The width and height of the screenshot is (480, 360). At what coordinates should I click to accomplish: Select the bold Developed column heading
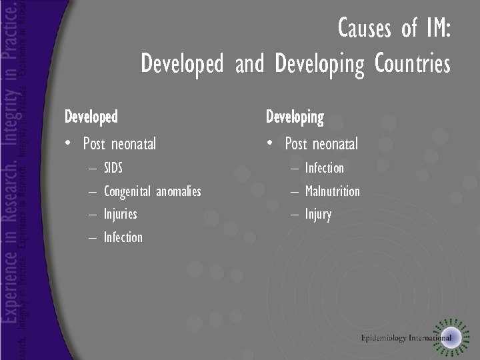click(91, 117)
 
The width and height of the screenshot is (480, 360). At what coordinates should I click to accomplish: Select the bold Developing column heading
click(295, 118)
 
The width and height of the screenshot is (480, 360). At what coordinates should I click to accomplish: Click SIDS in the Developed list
click(113, 167)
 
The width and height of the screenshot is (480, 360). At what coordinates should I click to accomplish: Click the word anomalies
click(179, 192)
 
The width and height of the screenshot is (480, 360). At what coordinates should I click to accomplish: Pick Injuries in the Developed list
click(120, 214)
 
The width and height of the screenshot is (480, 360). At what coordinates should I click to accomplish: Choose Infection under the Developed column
click(123, 237)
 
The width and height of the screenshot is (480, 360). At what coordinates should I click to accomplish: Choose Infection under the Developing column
click(324, 168)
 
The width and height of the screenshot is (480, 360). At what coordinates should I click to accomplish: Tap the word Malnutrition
click(332, 191)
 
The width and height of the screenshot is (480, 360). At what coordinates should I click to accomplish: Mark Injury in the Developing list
click(318, 215)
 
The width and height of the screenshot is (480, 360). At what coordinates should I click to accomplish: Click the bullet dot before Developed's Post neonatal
click(69, 143)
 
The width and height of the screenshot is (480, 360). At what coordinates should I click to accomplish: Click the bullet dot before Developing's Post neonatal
click(271, 143)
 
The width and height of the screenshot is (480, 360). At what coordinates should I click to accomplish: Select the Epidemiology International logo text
click(406, 337)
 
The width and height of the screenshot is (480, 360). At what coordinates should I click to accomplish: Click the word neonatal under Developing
click(336, 143)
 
